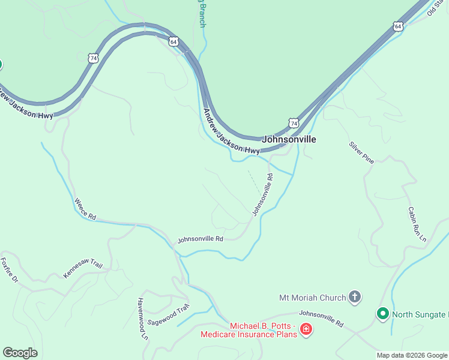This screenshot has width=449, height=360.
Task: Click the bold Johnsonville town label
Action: [289, 139]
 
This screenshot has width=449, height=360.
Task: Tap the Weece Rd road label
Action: [85, 207]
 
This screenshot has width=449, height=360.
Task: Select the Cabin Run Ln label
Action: [417, 224]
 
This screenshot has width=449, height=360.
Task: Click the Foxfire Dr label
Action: [10, 270]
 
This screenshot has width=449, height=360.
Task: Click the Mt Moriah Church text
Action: [313, 297]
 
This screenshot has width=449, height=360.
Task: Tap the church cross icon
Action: [355, 296]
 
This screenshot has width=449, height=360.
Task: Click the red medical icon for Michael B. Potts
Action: [306, 329]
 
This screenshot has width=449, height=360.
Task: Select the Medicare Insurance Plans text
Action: [249, 334]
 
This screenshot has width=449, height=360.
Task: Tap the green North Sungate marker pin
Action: [382, 313]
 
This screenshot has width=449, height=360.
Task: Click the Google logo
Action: [20, 353]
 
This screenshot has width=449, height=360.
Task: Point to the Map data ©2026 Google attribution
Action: [412, 355]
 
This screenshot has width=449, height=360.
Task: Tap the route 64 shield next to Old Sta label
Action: [398, 26]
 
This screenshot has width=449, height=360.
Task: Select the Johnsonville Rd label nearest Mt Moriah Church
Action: [321, 318]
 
